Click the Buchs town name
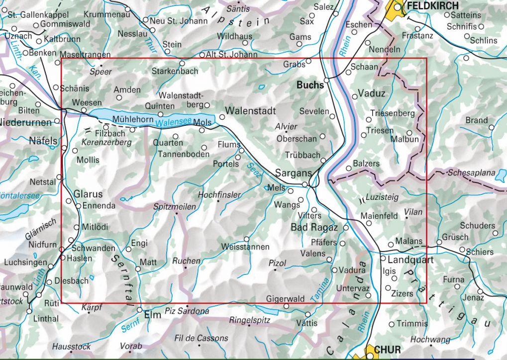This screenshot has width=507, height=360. tap(309, 85)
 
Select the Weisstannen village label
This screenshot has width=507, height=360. tap(246, 247)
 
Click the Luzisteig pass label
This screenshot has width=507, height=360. tap(382, 197)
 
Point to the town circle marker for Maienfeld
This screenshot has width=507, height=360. tap(369, 223)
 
